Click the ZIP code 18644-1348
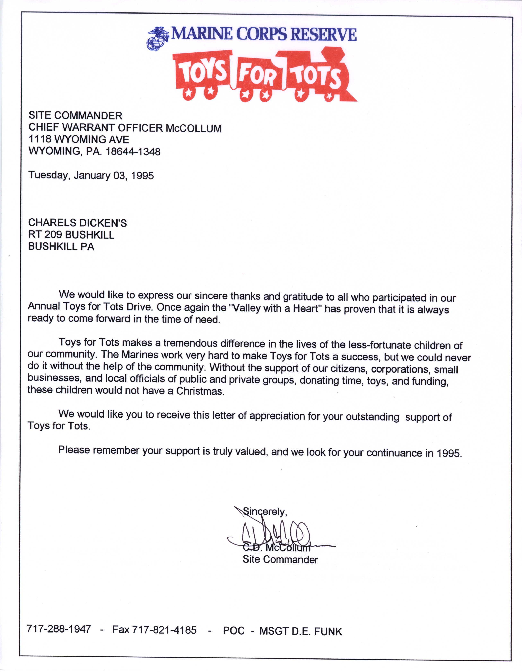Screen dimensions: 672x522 click(133, 152)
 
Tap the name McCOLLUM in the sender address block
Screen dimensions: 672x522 click(194, 128)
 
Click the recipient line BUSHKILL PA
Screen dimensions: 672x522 click(61, 247)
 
